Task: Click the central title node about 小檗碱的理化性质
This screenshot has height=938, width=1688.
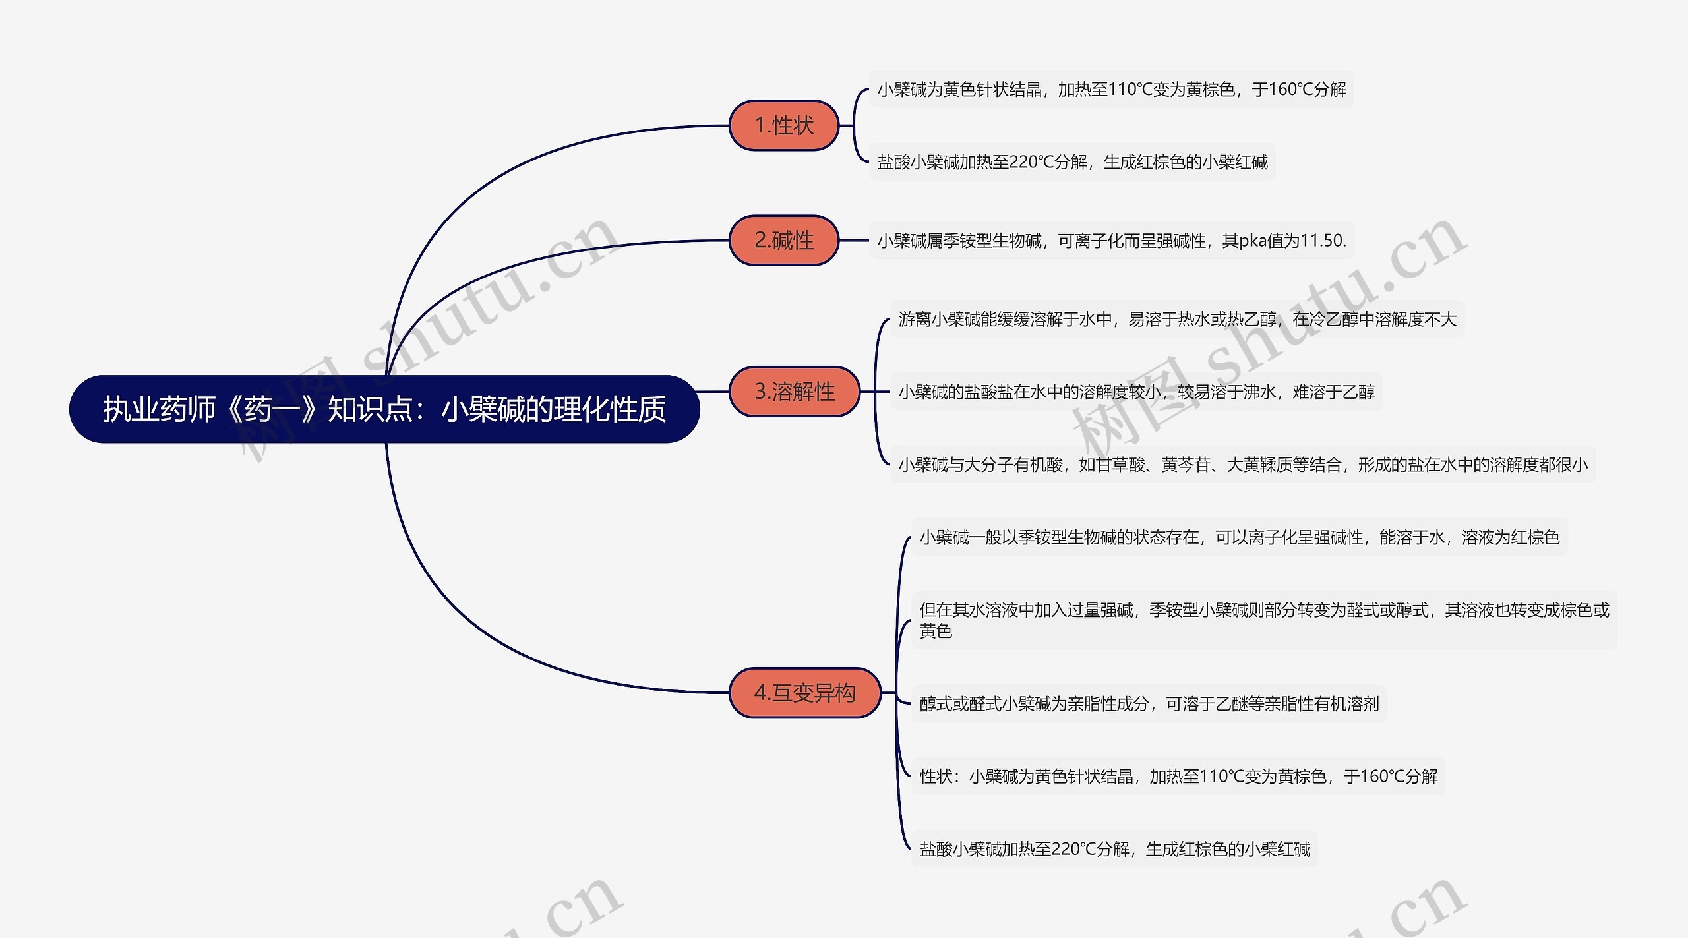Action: click(384, 409)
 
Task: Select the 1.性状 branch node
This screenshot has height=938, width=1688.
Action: click(784, 125)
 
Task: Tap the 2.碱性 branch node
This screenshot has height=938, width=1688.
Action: click(784, 240)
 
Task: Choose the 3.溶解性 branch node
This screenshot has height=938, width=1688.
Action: click(795, 392)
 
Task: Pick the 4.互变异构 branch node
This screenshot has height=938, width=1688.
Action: click(805, 692)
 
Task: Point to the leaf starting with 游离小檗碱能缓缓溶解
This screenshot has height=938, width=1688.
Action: click(1177, 319)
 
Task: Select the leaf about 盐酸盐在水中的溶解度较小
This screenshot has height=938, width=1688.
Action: click(1136, 392)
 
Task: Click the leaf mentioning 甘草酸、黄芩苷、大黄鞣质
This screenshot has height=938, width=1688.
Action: click(1243, 465)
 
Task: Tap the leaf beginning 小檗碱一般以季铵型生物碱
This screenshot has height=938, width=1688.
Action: click(1240, 537)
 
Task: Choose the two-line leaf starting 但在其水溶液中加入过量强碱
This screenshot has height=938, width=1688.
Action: click(1264, 620)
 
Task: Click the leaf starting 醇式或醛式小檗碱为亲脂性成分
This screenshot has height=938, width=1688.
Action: click(1149, 704)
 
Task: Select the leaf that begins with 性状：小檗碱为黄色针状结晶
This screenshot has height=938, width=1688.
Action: click(1178, 777)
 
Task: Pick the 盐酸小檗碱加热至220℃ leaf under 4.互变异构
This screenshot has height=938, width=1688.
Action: click(1114, 849)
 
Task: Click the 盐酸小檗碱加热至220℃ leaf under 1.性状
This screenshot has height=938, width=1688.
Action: click(1072, 162)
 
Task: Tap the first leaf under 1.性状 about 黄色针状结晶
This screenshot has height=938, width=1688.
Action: click(1112, 89)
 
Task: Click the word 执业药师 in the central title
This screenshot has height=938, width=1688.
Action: click(159, 409)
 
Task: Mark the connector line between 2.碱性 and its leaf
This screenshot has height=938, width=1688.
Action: click(854, 241)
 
